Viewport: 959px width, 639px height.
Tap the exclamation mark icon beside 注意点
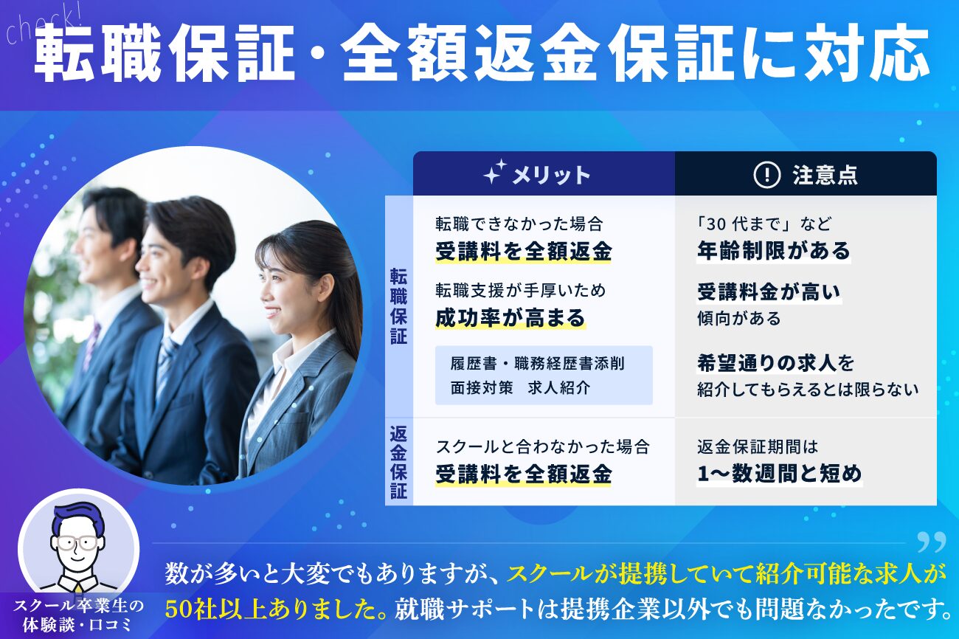coord(766,175)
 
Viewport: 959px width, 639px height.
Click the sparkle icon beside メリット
coord(495,172)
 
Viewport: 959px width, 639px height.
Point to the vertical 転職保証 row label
coord(398,306)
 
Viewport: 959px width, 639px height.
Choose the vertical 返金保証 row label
coord(398,462)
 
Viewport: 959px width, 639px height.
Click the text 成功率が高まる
coord(510,318)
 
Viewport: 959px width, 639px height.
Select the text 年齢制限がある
coord(773,251)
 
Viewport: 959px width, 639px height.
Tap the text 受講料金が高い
coord(769,292)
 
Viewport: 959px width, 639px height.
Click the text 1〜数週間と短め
coord(779,474)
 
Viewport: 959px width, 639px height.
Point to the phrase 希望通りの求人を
coord(775,364)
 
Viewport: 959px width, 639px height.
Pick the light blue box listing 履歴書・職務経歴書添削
coord(544,375)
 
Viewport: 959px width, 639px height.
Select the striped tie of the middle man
coord(166,364)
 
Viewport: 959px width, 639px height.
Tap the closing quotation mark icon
coord(931,542)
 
